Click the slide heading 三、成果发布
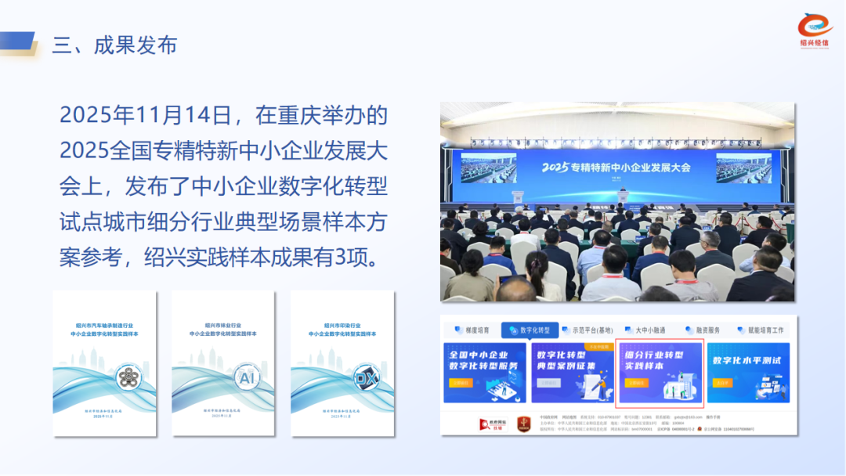coord(114,45)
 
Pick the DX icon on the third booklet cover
coord(365,377)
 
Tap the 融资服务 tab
coord(702,330)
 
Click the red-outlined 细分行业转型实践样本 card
coord(660,373)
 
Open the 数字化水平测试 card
coord(748,373)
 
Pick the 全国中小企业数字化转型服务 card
coord(483,373)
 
